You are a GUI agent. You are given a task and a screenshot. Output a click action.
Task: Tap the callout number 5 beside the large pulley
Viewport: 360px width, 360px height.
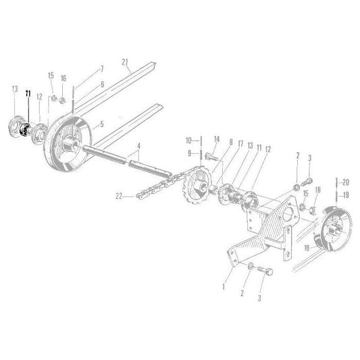(102, 124)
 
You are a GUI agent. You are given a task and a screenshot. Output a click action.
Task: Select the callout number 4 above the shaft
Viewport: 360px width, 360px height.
(138, 146)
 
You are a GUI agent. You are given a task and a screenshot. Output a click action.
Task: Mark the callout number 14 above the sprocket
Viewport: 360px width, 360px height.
(217, 140)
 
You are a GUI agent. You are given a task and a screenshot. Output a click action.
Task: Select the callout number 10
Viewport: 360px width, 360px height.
(189, 140)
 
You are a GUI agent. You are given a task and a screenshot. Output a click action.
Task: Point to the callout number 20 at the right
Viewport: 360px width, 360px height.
(346, 182)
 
